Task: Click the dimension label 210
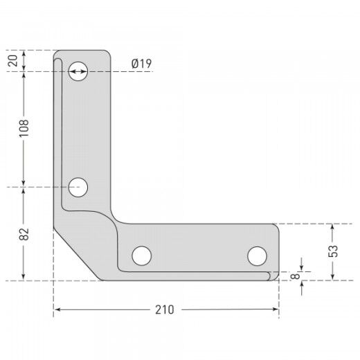point(165,309)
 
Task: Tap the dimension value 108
point(24,128)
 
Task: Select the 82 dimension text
point(24,234)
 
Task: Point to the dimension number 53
point(333,251)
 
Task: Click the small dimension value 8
point(295,276)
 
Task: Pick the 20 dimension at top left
point(12,61)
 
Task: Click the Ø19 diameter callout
point(141,64)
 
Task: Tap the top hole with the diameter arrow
point(78,71)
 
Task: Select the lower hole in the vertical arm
point(78,187)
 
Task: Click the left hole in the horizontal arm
point(142,255)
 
